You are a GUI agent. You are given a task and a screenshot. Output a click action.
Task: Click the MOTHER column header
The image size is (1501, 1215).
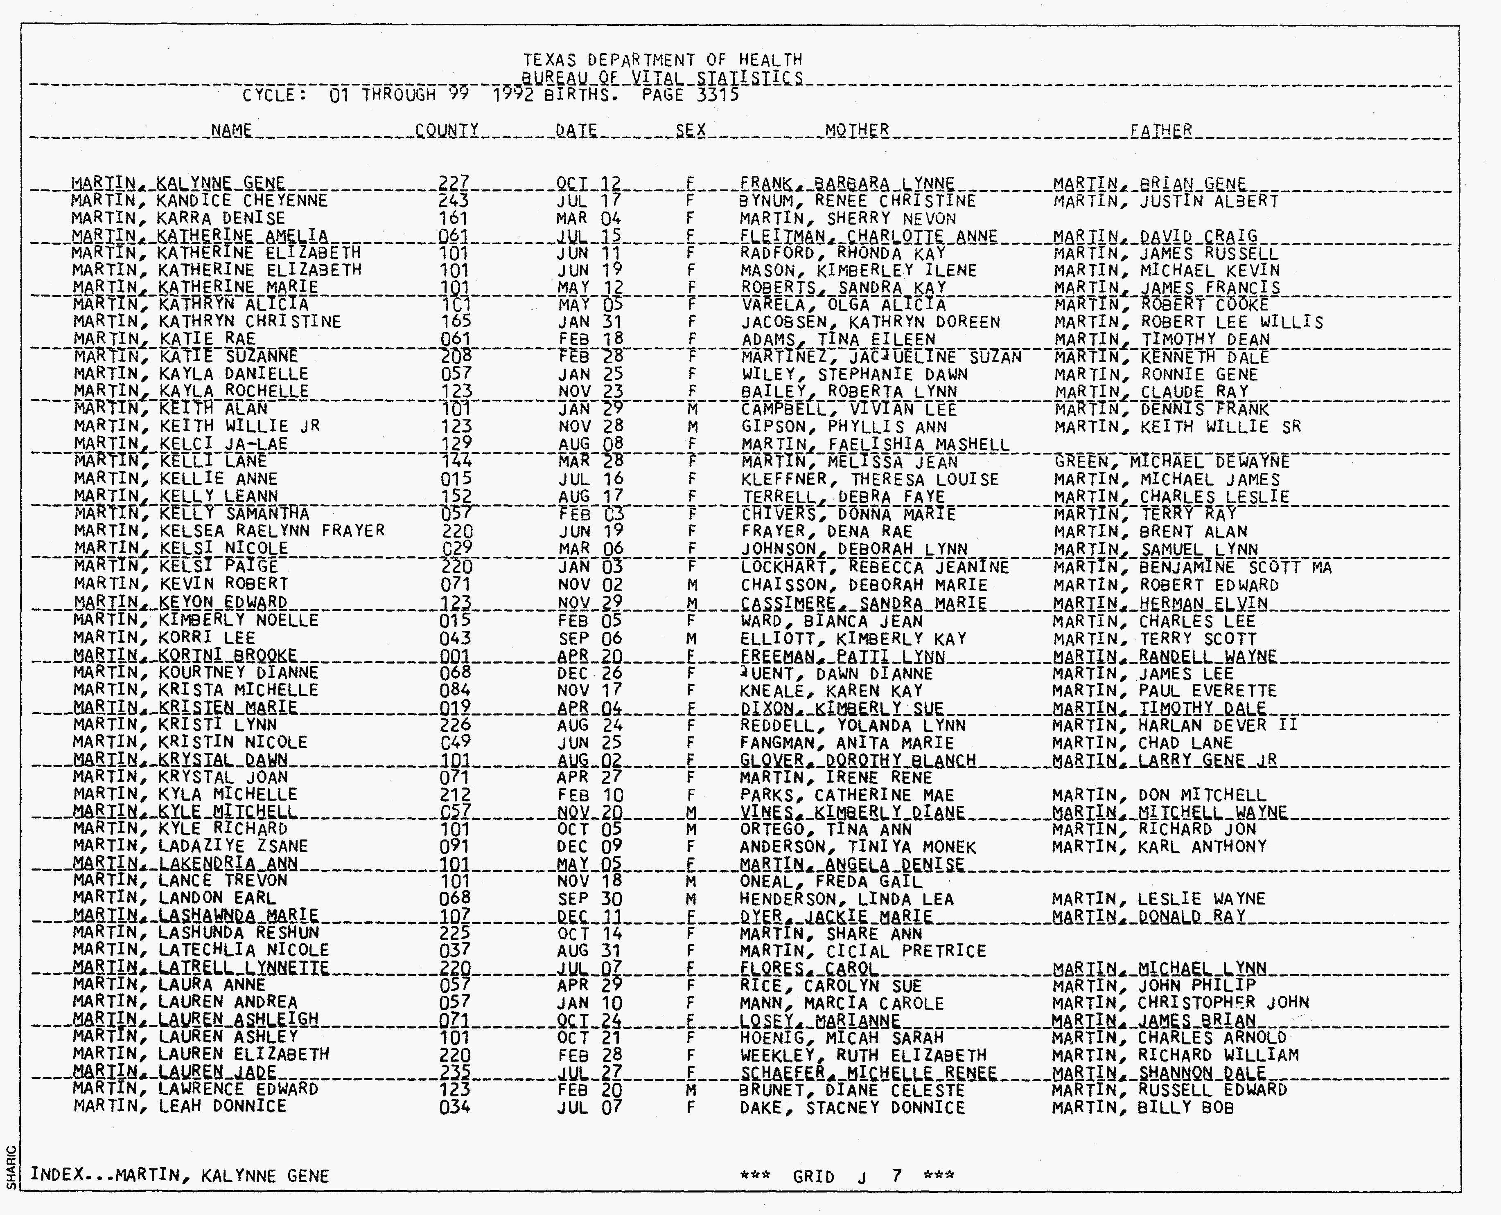[856, 130]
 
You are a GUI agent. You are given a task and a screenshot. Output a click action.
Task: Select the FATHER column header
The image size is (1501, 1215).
[1161, 131]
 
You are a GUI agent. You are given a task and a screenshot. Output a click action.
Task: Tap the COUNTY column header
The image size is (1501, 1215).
[447, 130]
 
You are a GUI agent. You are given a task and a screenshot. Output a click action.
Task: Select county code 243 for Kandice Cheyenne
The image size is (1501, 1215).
[454, 201]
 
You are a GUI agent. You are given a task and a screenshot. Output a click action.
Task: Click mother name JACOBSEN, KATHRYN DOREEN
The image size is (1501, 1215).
[870, 322]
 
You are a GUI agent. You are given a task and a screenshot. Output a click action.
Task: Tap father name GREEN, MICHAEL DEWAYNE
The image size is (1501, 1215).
[1171, 462]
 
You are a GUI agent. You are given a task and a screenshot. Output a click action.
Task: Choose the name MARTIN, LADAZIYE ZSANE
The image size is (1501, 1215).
[190, 846]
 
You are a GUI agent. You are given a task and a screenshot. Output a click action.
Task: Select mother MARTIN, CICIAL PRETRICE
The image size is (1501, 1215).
[862, 951]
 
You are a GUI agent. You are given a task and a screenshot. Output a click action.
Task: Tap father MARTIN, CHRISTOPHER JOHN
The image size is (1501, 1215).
[1180, 1003]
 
